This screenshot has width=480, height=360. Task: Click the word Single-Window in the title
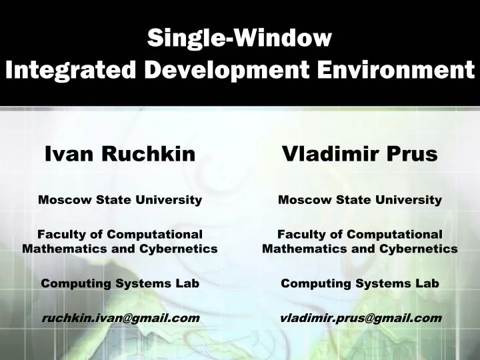point(239,38)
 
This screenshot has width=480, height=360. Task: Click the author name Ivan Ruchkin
point(120,155)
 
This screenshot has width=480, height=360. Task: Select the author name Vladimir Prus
point(360,155)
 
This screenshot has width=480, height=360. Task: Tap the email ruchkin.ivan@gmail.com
point(120,318)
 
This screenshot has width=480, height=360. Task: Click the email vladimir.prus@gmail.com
point(360,318)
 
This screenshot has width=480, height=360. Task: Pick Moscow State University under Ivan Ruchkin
point(120,199)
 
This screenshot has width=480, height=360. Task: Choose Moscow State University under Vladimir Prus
point(360,199)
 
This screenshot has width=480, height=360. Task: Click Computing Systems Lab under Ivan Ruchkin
point(120,283)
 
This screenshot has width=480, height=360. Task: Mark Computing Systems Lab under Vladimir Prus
point(360,283)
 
